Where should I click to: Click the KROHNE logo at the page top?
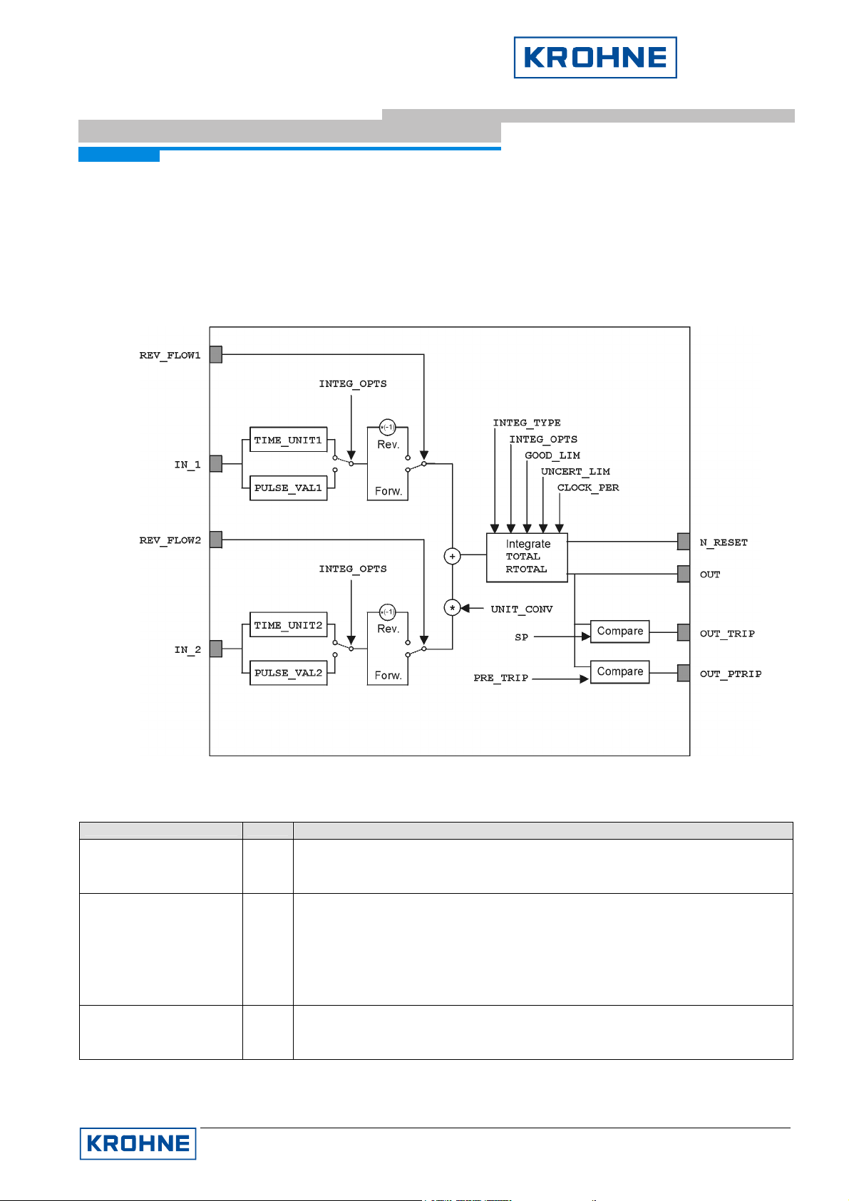(x=595, y=58)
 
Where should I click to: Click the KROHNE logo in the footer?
(x=138, y=1143)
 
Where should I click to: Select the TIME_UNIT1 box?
(x=288, y=440)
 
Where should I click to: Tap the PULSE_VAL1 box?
(x=288, y=488)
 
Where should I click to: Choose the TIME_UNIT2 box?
(x=288, y=625)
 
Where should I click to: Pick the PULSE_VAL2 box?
(x=288, y=673)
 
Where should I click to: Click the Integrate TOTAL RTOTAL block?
(x=527, y=557)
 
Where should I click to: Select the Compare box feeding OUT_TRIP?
(x=619, y=632)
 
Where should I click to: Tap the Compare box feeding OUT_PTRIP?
(x=619, y=672)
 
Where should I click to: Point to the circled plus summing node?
(x=452, y=556)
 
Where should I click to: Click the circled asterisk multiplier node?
(x=452, y=608)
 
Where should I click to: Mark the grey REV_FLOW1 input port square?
(x=216, y=354)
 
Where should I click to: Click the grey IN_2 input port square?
(x=216, y=649)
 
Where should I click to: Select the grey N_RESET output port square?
(x=684, y=542)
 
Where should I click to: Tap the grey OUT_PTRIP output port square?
(x=684, y=673)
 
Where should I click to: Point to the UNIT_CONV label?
(x=521, y=609)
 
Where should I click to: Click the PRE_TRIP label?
(x=500, y=678)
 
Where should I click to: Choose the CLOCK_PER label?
(x=588, y=488)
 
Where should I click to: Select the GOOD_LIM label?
(x=552, y=455)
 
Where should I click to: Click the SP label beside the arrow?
(x=521, y=637)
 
